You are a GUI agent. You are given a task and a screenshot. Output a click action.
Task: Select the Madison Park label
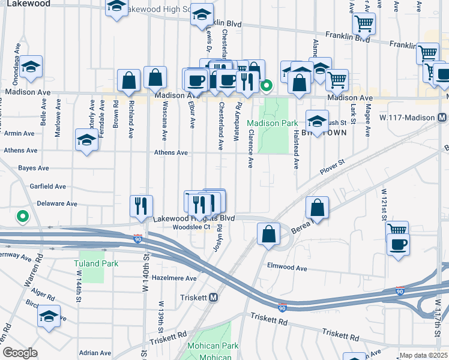[271, 123]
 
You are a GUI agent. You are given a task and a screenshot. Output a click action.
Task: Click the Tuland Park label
[96, 263]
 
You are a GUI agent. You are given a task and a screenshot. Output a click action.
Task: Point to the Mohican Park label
[212, 346]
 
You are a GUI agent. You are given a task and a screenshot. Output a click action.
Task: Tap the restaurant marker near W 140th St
[142, 206]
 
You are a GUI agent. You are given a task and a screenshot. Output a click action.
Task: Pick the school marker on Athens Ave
[87, 140]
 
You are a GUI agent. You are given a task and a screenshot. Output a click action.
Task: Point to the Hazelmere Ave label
[174, 278]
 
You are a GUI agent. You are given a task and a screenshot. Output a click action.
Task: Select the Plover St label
[332, 162]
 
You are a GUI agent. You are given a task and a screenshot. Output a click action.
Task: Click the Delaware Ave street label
[57, 203]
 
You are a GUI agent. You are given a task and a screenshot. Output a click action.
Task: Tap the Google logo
[20, 353]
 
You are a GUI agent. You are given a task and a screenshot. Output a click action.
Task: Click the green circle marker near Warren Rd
[23, 216]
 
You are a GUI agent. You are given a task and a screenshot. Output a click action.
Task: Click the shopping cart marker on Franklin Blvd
[364, 24]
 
